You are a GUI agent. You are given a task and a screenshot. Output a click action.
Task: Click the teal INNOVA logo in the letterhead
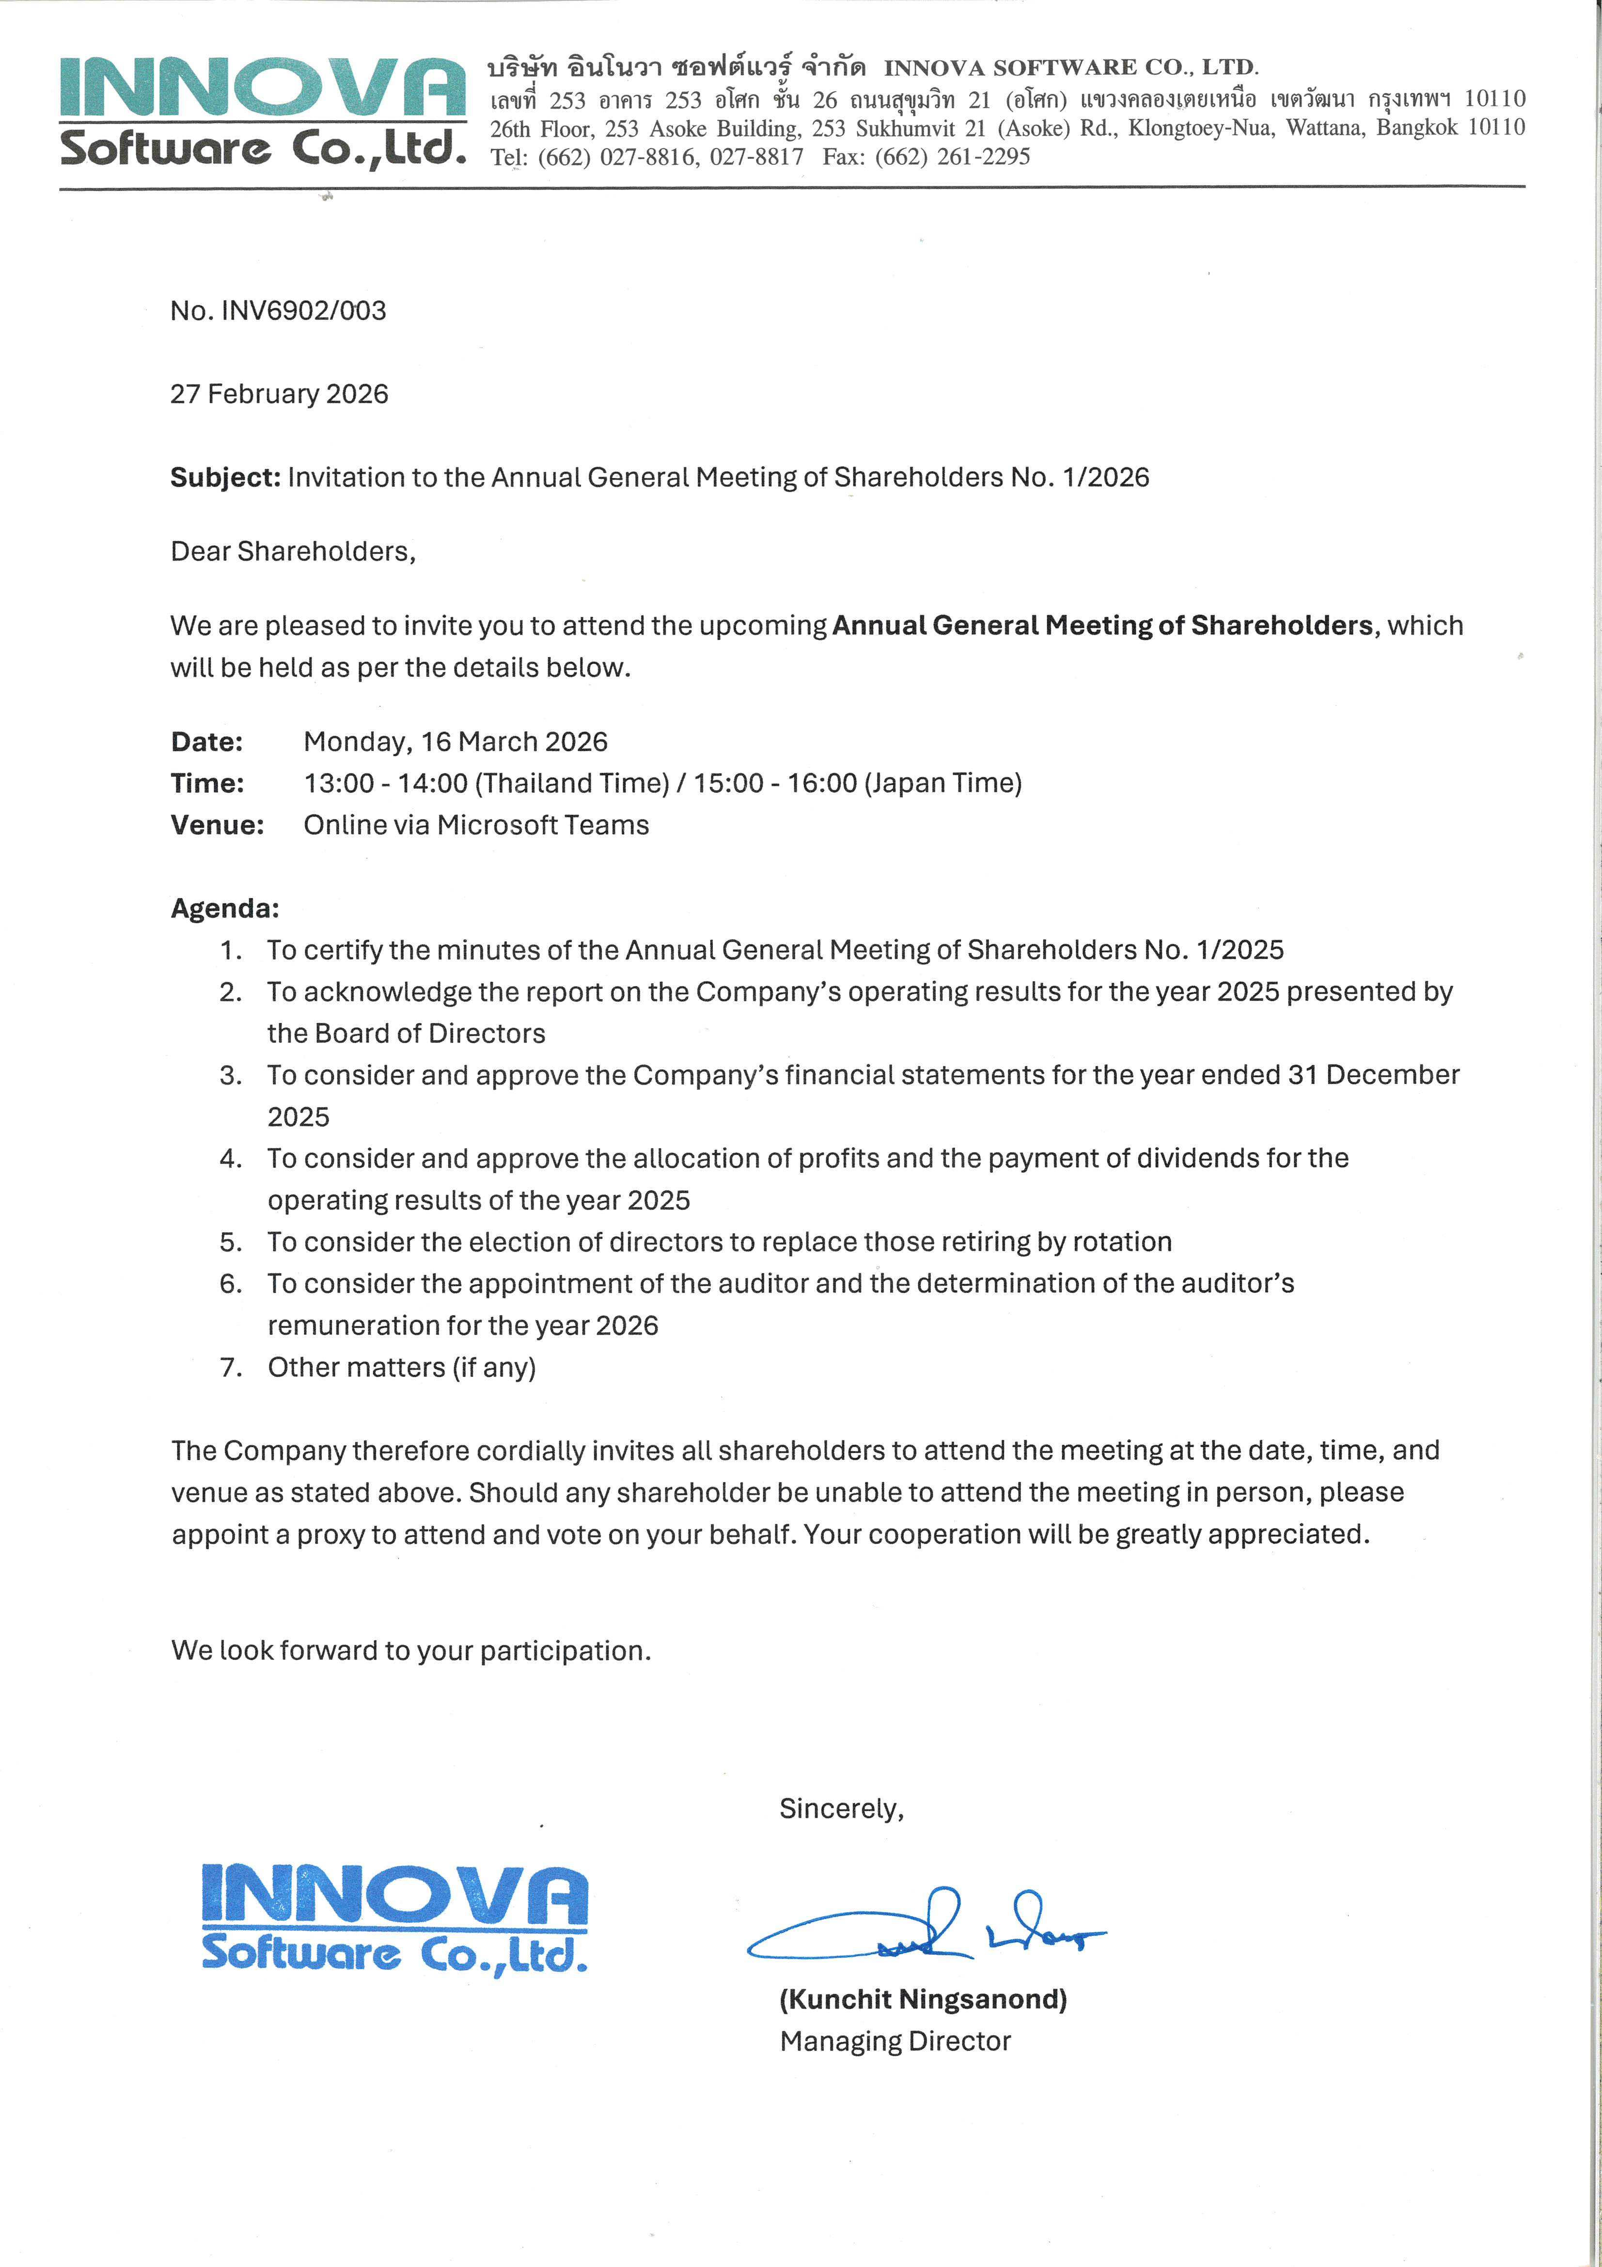263,111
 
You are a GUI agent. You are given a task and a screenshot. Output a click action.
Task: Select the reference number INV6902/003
303,311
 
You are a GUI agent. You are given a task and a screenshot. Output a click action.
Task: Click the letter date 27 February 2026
279,394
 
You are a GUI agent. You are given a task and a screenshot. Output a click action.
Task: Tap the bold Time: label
207,783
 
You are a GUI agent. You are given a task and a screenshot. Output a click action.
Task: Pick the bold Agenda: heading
225,909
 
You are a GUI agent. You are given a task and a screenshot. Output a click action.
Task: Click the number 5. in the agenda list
231,1242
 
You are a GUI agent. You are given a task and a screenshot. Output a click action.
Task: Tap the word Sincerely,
841,1809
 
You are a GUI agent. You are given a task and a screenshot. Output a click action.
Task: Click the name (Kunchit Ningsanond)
923,1999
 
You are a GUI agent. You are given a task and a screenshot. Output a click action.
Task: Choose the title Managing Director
895,2041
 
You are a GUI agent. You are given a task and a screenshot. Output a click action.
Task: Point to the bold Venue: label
217,826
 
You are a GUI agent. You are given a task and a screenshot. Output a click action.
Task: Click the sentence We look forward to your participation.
410,1651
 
